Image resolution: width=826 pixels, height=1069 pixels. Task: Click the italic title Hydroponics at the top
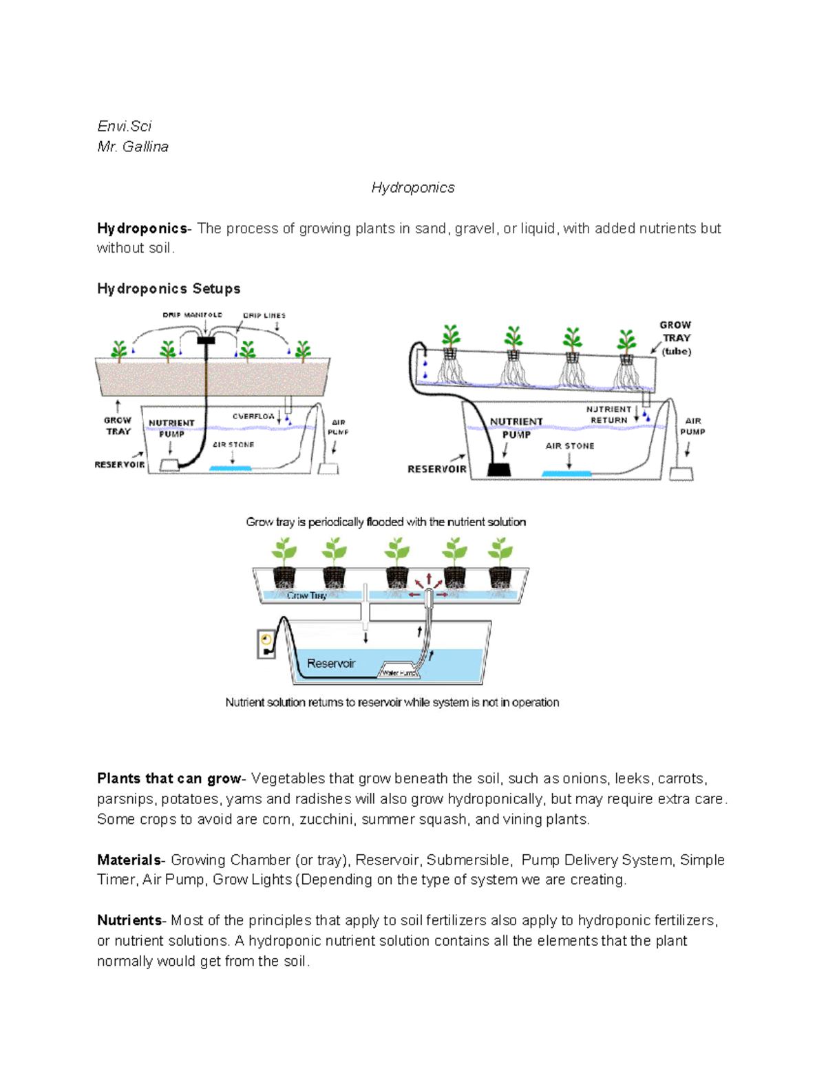tap(413, 187)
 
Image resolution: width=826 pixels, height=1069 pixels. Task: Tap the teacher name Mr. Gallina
tap(133, 147)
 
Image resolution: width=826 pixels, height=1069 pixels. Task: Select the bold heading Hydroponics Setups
tap(169, 288)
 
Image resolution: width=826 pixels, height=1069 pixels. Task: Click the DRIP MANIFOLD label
tap(192, 315)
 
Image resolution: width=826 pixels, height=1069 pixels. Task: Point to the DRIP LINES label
tap(264, 315)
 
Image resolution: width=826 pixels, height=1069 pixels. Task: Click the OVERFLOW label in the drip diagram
tap(253, 416)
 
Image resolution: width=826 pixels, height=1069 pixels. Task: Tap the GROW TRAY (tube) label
tap(675, 338)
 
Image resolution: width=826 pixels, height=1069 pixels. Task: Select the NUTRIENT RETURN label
tap(609, 414)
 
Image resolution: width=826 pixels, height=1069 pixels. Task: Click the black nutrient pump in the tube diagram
tap(499, 469)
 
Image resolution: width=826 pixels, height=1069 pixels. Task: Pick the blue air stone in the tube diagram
tap(566, 474)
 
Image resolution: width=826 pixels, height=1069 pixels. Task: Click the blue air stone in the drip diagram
tap(231, 469)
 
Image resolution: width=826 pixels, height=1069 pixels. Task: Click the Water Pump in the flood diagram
tap(399, 673)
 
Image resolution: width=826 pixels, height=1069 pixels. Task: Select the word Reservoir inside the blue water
tap(331, 664)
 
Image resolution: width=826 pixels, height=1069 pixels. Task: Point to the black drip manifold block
tap(206, 340)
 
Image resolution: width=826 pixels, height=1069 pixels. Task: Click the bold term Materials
tap(129, 860)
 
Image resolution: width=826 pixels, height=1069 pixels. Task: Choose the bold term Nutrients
tap(129, 920)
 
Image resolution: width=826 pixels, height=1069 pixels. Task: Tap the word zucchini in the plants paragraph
tap(326, 819)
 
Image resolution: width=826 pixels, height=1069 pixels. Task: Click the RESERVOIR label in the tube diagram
tap(437, 469)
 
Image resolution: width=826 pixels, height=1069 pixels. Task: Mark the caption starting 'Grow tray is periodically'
tap(385, 522)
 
